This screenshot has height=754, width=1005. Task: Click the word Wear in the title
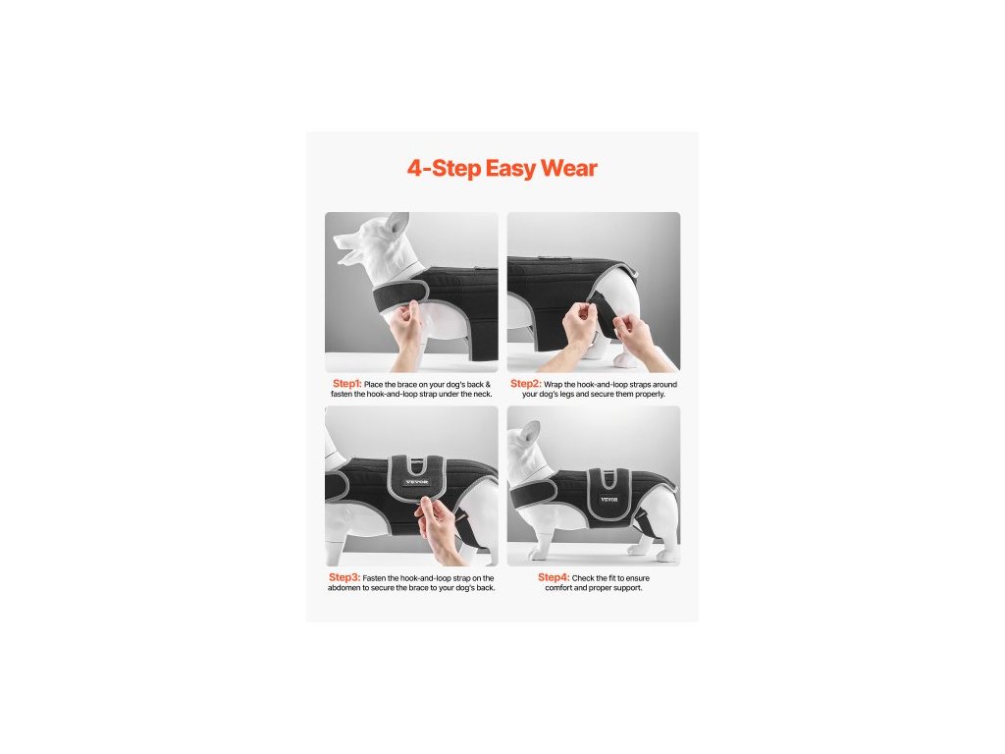pyautogui.click(x=569, y=168)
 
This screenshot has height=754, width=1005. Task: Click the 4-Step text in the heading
pyautogui.click(x=445, y=168)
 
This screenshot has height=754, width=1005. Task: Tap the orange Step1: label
pyautogui.click(x=346, y=384)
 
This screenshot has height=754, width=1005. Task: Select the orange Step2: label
pyautogui.click(x=526, y=384)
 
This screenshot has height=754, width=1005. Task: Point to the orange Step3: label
pyautogui.click(x=344, y=577)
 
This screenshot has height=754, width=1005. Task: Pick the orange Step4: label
pyautogui.click(x=554, y=577)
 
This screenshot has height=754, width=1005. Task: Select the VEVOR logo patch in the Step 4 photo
pyautogui.click(x=608, y=499)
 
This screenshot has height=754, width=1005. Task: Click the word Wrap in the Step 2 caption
pyautogui.click(x=554, y=385)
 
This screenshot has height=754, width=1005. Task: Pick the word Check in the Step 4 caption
pyautogui.click(x=584, y=578)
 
